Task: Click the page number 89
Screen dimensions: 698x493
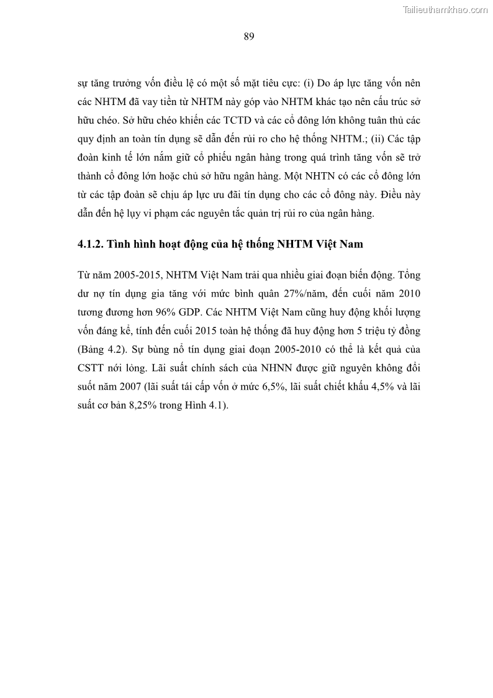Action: [248, 36]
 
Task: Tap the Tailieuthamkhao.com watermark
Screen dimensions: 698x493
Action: [445, 9]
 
